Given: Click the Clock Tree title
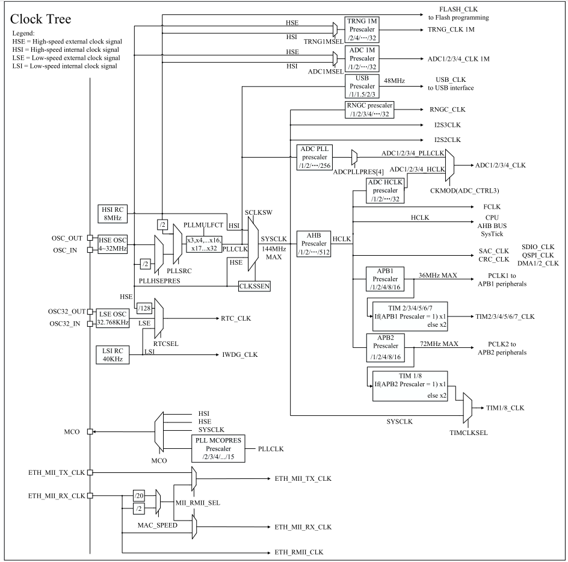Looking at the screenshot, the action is [x=40, y=19].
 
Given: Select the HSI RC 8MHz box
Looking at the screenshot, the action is [x=113, y=214].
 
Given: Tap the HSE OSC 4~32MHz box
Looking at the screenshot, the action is [x=113, y=244].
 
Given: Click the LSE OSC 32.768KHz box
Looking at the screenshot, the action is [x=113, y=318].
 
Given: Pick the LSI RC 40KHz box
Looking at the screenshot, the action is [x=113, y=355].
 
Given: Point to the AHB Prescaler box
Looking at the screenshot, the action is [x=313, y=244].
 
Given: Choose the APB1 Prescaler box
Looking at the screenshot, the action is [x=385, y=279].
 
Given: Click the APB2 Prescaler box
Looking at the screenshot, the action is [x=385, y=348].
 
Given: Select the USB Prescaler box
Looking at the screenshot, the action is [x=362, y=86].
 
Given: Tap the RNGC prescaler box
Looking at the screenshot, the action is [x=370, y=110].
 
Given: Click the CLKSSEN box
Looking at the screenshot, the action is [x=255, y=286].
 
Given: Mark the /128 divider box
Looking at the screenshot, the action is [x=144, y=308].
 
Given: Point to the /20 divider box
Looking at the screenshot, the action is [x=139, y=495].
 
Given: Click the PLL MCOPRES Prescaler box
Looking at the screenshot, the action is [x=218, y=449].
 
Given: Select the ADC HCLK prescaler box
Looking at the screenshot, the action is [x=385, y=191].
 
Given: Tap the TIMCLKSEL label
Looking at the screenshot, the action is [x=469, y=433].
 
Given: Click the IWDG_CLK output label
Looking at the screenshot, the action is [x=240, y=354].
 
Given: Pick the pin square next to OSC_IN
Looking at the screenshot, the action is [x=90, y=250].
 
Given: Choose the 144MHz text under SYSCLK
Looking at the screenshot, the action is [x=274, y=249].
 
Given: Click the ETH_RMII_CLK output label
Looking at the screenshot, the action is [x=299, y=552].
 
